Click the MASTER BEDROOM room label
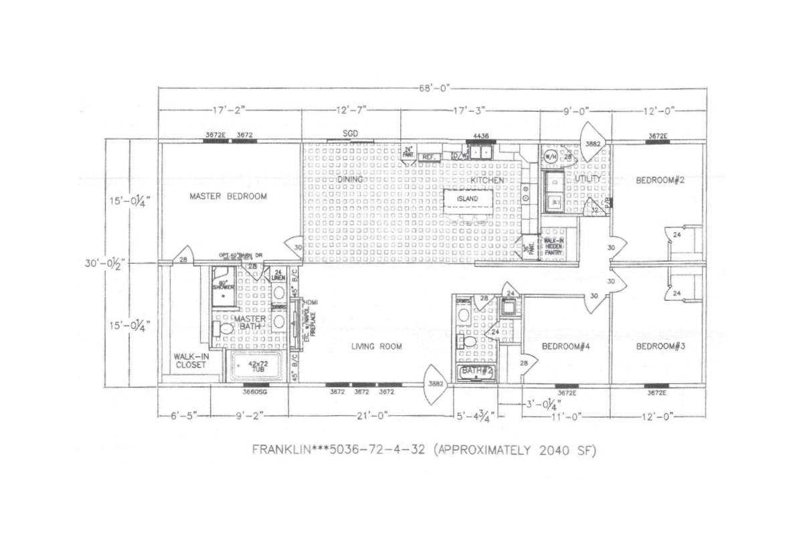[x=228, y=197]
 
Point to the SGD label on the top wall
[x=350, y=134]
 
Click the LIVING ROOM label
[x=377, y=346]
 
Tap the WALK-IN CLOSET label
[x=191, y=361]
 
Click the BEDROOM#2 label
[x=660, y=180]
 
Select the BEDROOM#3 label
[x=660, y=346]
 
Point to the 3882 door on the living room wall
[x=436, y=384]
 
